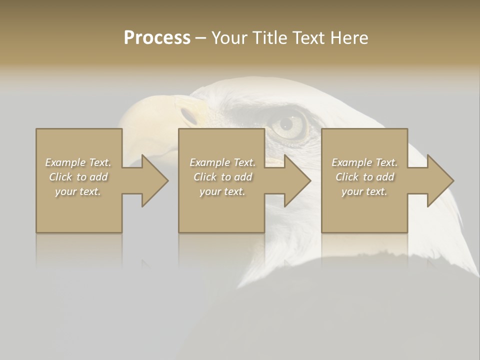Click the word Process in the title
coord(157,38)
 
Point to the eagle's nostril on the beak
coord(189,115)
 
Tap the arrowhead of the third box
coord(439,180)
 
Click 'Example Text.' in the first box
coord(78,162)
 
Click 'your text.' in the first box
coord(78,191)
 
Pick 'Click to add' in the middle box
coord(222,177)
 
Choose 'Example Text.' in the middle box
coord(222,162)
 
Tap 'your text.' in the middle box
coord(222,191)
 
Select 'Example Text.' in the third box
coord(364,162)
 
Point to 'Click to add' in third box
coord(364,177)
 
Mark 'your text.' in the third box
coord(364,191)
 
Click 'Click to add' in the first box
coord(78,177)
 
